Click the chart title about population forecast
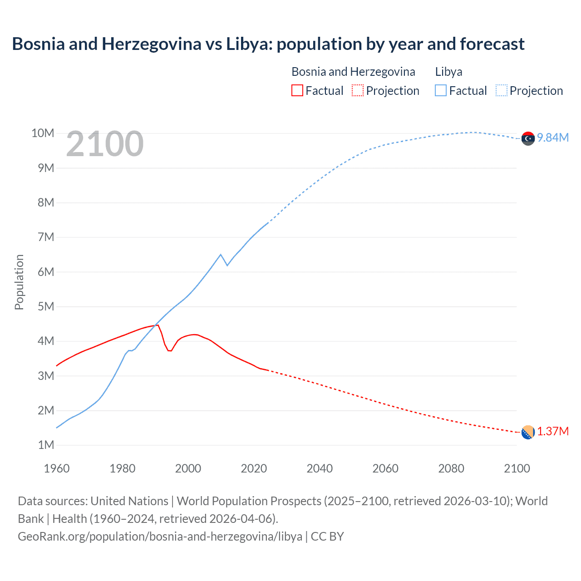click(x=268, y=44)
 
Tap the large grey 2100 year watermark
click(x=105, y=144)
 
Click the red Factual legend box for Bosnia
click(x=297, y=90)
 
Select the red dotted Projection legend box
click(x=358, y=90)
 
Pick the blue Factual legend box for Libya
click(x=440, y=90)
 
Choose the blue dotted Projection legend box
click(x=502, y=90)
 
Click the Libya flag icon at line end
click(x=528, y=138)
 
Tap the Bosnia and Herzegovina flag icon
click(x=528, y=433)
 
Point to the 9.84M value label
click(x=553, y=138)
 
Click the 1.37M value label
click(x=553, y=431)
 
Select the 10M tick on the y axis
click(x=43, y=133)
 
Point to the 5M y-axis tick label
click(x=45, y=306)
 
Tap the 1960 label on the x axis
click(x=57, y=468)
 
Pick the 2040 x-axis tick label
click(x=320, y=468)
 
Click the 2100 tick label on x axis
click(x=517, y=468)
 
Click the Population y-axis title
click(x=19, y=282)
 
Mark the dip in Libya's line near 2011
click(x=227, y=265)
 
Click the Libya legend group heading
click(x=448, y=72)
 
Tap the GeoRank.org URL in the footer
click(x=160, y=537)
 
